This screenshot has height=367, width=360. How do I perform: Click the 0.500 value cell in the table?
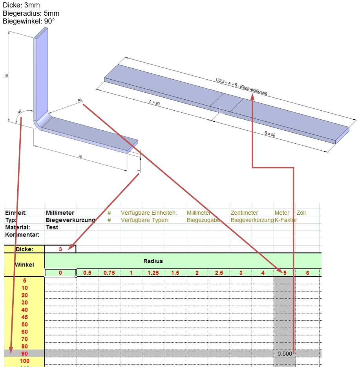pyautogui.click(x=285, y=353)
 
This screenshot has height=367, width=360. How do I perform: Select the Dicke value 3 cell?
pyautogui.click(x=60, y=249)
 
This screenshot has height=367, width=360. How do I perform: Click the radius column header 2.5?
pyautogui.click(x=219, y=273)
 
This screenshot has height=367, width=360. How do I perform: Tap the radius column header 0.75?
pyautogui.click(x=109, y=273)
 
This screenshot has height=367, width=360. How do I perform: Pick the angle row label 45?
pyautogui.click(x=25, y=317)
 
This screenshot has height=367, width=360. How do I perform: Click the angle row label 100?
pyautogui.click(x=25, y=361)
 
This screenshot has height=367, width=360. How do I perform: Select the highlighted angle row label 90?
pyautogui.click(x=25, y=353)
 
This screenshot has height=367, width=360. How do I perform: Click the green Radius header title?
pyautogui.click(x=153, y=261)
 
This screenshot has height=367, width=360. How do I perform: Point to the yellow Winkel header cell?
pyautogui.click(x=24, y=265)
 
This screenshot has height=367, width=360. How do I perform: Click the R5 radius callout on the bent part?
pyautogui.click(x=80, y=101)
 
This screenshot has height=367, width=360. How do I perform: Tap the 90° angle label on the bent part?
pyautogui.click(x=20, y=111)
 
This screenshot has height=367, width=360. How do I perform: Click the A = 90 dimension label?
pyautogui.click(x=154, y=103)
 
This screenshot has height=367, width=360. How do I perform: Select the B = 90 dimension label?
pyautogui.click(x=270, y=134)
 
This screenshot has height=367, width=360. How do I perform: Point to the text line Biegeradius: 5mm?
pyautogui.click(x=31, y=13)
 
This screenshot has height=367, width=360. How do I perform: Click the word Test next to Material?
pyautogui.click(x=52, y=227)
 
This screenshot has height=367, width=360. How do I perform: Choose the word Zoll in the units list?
pyautogui.click(x=301, y=213)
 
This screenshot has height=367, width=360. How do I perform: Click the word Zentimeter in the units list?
pyautogui.click(x=244, y=213)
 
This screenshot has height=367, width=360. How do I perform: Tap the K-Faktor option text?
pyautogui.click(x=286, y=220)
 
